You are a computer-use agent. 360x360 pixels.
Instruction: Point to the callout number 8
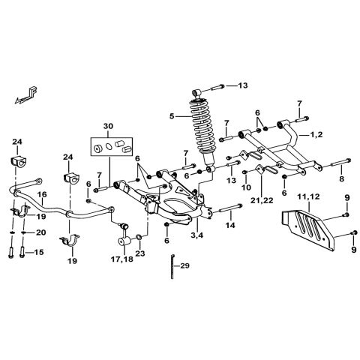(341, 180)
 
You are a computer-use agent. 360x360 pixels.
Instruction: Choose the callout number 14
(230, 224)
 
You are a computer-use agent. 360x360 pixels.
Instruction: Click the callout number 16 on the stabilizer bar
(43, 193)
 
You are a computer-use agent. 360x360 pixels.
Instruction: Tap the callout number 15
(39, 252)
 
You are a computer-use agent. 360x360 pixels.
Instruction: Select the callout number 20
(40, 232)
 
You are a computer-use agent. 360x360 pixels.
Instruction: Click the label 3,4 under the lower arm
(198, 236)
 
